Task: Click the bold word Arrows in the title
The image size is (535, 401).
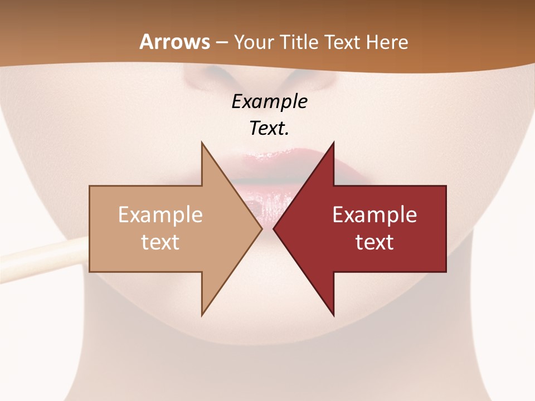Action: tap(174, 42)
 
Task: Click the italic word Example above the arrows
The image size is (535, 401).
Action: tap(270, 101)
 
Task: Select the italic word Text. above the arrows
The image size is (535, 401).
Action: tap(270, 128)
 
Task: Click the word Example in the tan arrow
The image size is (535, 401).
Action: tap(160, 214)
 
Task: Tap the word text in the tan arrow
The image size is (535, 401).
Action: tap(160, 242)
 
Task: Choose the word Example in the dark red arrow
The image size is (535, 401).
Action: tap(374, 214)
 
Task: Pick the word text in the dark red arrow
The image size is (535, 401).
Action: tap(374, 242)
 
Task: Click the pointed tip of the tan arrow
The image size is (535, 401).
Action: tap(262, 228)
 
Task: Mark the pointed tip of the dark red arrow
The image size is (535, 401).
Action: tap(274, 228)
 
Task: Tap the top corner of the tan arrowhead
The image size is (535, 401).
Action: tap(202, 143)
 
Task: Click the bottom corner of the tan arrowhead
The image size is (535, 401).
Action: tap(202, 315)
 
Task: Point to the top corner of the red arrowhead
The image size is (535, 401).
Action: tap(334, 143)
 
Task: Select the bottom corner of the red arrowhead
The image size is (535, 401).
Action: tap(334, 315)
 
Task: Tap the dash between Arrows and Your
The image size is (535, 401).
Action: tap(221, 42)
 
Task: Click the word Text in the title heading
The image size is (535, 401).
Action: tap(343, 42)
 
